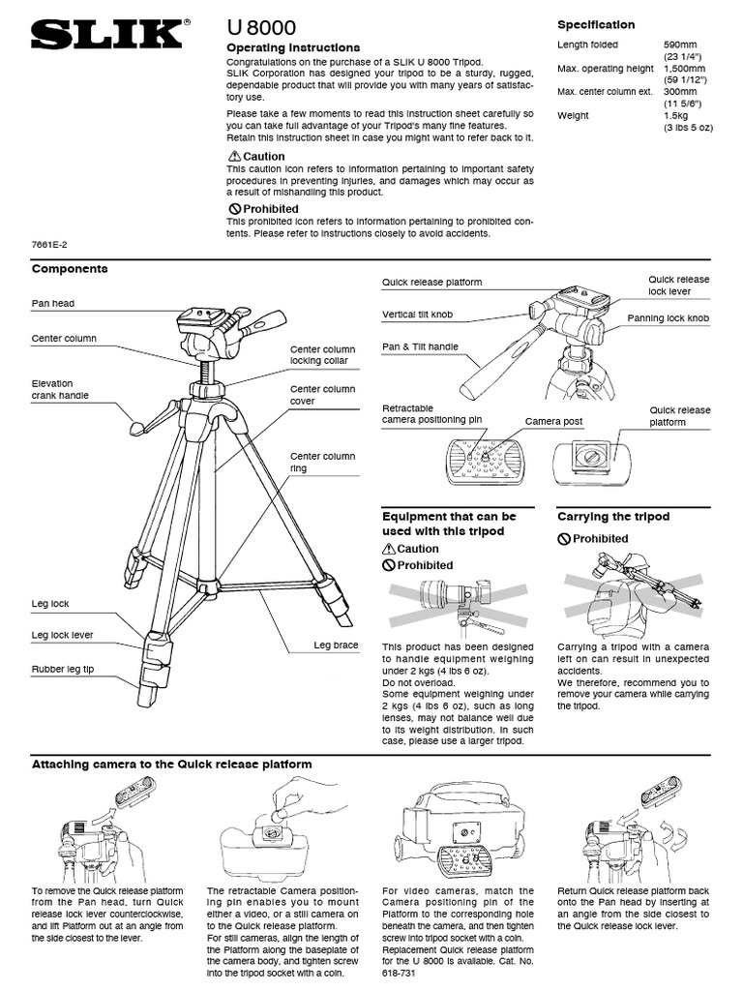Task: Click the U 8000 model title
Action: point(261,29)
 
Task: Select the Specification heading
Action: point(596,25)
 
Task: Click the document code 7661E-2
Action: point(47,246)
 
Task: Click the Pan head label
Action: point(53,304)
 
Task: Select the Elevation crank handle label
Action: point(64,389)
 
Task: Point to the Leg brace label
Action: point(335,645)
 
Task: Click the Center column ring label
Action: point(322,462)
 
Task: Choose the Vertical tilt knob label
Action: point(417,315)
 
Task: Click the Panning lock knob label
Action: point(668,317)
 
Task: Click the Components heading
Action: point(70,269)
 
